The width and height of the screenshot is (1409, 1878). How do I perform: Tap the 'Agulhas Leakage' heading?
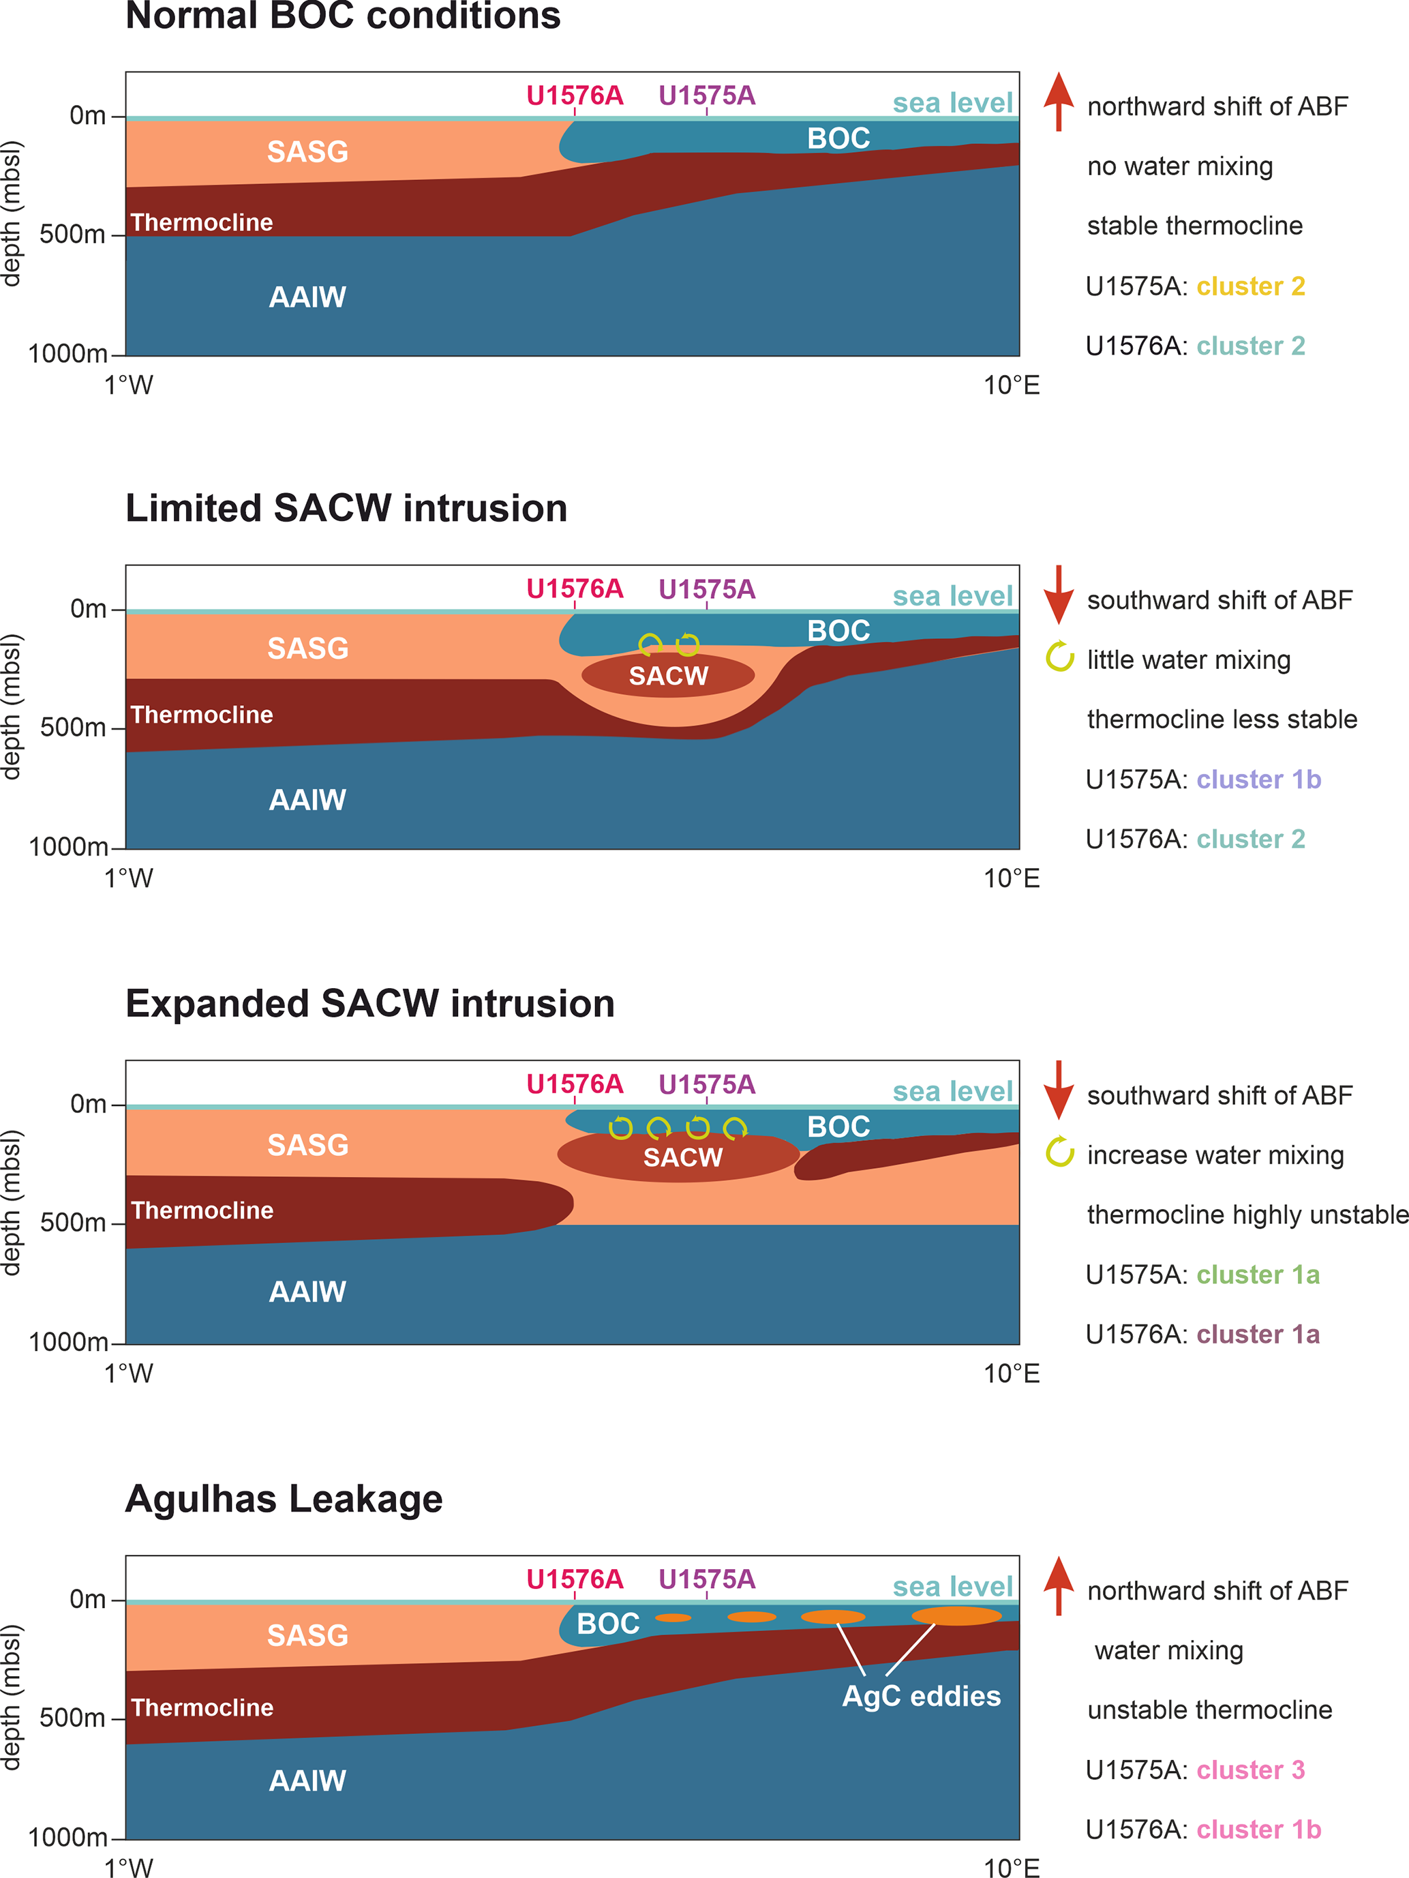[x=284, y=1498]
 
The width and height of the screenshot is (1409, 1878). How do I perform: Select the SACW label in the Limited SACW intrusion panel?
[x=668, y=676]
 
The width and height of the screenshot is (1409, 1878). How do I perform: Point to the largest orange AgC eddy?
[x=956, y=1615]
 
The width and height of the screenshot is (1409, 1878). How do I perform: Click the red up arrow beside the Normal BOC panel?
[x=1059, y=101]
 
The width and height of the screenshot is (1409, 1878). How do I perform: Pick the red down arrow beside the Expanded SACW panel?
[x=1059, y=1089]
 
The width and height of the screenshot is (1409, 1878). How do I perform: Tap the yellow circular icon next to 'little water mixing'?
[x=1059, y=656]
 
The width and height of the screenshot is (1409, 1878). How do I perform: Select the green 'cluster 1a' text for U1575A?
[x=1258, y=1275]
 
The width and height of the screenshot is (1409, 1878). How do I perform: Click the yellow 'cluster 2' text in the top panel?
[x=1250, y=286]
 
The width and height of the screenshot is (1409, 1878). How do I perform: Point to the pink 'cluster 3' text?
[x=1250, y=1770]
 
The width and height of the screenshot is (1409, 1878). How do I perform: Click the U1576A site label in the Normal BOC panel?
[x=575, y=95]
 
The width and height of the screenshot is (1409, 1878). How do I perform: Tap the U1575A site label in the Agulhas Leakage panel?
[x=706, y=1579]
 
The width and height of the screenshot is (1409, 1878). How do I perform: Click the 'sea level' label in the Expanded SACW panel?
[x=952, y=1092]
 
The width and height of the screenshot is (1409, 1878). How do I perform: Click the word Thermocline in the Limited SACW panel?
[x=202, y=715]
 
